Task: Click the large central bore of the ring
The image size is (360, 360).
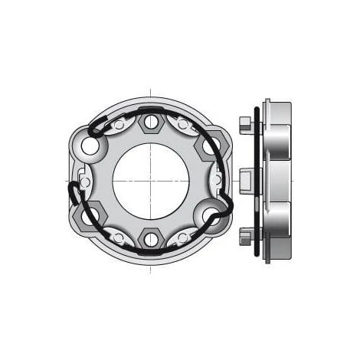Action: [151, 181]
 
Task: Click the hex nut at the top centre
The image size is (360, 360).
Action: [151, 121]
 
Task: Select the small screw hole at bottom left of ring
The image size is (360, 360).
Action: [119, 237]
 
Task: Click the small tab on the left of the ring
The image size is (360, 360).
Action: [85, 182]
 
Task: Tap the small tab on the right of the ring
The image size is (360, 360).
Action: [218, 179]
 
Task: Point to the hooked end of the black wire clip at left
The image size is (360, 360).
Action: [73, 191]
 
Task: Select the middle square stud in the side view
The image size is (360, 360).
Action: [245, 181]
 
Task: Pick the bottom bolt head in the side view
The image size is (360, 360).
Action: [244, 234]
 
